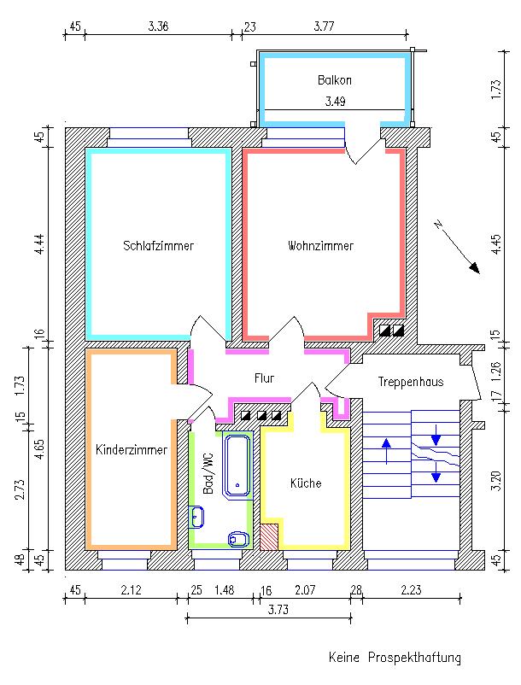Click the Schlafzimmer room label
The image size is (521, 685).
(158, 246)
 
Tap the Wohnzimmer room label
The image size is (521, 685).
(320, 246)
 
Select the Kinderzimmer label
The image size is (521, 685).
(131, 448)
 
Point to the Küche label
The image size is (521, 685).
(306, 483)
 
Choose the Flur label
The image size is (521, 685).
(264, 378)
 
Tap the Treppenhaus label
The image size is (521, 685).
(411, 383)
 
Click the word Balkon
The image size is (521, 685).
(334, 80)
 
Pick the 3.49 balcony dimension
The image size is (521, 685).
(334, 101)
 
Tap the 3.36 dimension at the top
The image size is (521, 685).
(158, 26)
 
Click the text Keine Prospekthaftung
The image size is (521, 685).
(395, 658)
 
